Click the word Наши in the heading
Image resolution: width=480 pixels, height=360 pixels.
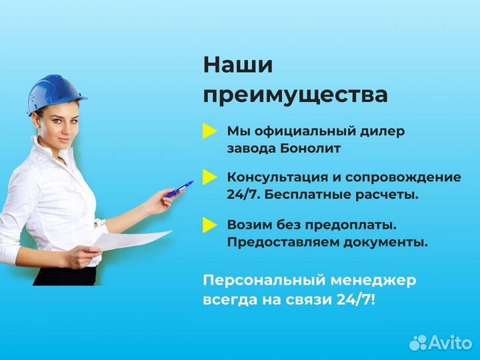[x=238, y=65]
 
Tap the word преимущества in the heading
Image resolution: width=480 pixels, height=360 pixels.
[x=295, y=95]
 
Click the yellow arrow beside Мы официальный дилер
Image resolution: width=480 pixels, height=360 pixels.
[x=210, y=131]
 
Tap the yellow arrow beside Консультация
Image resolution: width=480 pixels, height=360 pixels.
[x=210, y=177]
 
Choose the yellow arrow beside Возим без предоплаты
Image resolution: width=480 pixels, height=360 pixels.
[x=210, y=225]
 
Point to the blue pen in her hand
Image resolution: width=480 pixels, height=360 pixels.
[x=179, y=189]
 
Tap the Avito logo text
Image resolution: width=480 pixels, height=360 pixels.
[x=450, y=343]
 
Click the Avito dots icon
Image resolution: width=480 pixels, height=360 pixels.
[x=418, y=343]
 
